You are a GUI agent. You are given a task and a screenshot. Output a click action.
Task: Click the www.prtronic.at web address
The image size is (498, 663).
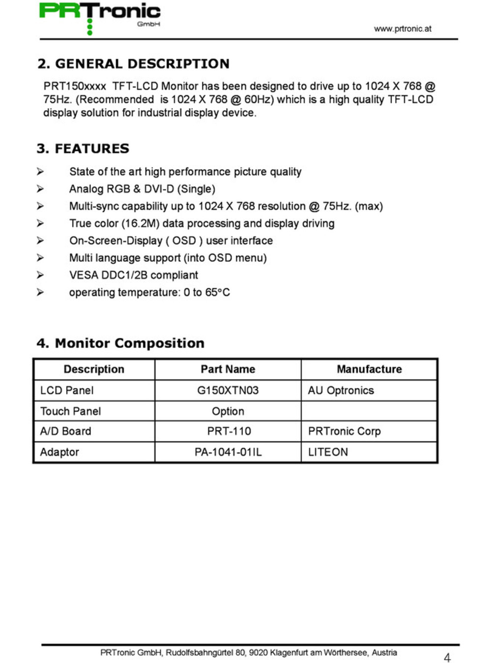[x=402, y=29]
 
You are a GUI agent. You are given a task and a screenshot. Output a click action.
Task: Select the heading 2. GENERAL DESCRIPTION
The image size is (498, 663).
[x=133, y=64]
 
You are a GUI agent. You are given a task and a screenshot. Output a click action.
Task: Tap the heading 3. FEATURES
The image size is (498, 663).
[x=83, y=148]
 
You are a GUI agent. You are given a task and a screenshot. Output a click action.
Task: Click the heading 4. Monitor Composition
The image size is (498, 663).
[x=120, y=343]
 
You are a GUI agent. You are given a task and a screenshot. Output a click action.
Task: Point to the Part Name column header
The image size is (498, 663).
[x=228, y=369]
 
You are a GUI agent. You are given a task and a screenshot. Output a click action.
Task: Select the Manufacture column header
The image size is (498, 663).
[x=369, y=369]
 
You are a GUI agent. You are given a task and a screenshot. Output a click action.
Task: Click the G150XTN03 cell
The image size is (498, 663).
[x=228, y=390]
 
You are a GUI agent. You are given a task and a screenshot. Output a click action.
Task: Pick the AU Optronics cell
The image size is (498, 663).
[x=341, y=390]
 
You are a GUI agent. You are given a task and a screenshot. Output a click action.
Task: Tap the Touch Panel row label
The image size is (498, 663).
[x=70, y=411]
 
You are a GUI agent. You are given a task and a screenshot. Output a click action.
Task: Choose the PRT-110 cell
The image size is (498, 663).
[x=229, y=431]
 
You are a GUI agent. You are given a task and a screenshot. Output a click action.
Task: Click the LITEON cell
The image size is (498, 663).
[x=328, y=452]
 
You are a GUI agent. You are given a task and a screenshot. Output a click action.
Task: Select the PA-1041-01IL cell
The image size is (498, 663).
[x=228, y=452]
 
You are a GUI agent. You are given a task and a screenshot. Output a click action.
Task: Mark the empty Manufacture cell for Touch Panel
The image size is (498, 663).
[x=369, y=411]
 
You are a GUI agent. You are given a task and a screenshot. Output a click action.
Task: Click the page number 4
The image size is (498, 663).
[x=447, y=658]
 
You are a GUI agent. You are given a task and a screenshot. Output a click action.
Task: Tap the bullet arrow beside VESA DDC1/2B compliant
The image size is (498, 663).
[x=40, y=275]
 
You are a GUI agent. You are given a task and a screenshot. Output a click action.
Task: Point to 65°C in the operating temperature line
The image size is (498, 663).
[x=217, y=293]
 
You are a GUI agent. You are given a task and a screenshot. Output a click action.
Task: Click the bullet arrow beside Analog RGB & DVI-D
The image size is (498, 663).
[x=40, y=189]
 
